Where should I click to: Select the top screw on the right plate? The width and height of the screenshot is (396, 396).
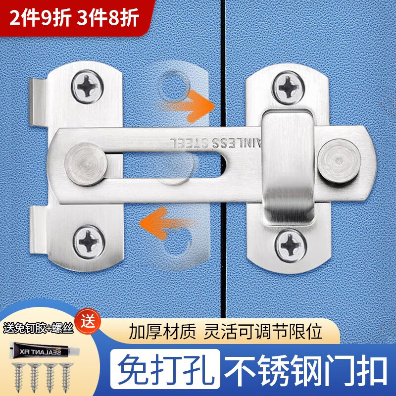(x=288, y=88)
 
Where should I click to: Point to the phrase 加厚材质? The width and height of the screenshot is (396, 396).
(x=162, y=331)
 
